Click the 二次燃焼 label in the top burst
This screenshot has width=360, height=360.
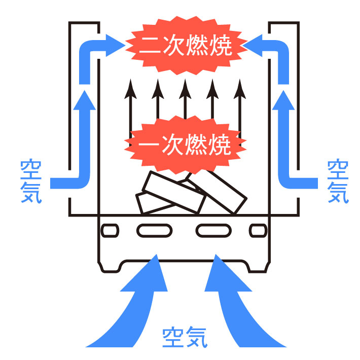click(x=186, y=45)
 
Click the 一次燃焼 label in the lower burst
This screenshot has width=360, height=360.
click(x=185, y=145)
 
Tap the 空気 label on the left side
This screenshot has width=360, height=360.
click(x=31, y=182)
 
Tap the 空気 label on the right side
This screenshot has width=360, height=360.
click(x=338, y=182)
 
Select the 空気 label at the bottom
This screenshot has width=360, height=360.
click(x=185, y=337)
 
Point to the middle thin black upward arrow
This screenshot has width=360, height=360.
click(x=185, y=99)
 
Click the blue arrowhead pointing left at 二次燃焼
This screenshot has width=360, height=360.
click(x=253, y=46)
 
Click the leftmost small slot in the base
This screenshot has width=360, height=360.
click(x=110, y=231)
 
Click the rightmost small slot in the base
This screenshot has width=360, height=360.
click(x=258, y=231)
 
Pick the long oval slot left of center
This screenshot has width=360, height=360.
click(x=155, y=231)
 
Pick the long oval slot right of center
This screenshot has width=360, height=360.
click(x=213, y=231)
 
